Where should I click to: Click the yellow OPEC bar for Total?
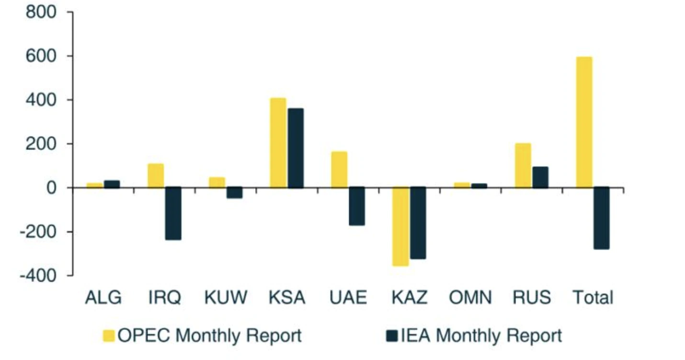tap(584, 122)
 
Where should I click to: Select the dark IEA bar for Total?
tap(601, 218)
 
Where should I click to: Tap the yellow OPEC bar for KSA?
tap(278, 143)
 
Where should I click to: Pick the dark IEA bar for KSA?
tap(296, 148)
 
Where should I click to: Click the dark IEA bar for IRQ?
tap(173, 213)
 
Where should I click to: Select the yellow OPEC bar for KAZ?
tap(400, 226)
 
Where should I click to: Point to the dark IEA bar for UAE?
tap(357, 206)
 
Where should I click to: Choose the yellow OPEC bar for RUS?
tap(523, 165)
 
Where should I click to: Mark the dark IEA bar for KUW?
tap(234, 192)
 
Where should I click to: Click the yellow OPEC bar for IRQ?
tap(156, 175)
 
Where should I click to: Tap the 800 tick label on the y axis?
tap(43, 12)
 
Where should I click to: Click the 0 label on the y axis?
tap(52, 188)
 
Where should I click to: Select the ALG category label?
tap(103, 298)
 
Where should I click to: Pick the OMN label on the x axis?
tap(470, 298)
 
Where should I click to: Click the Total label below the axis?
tap(593, 298)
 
